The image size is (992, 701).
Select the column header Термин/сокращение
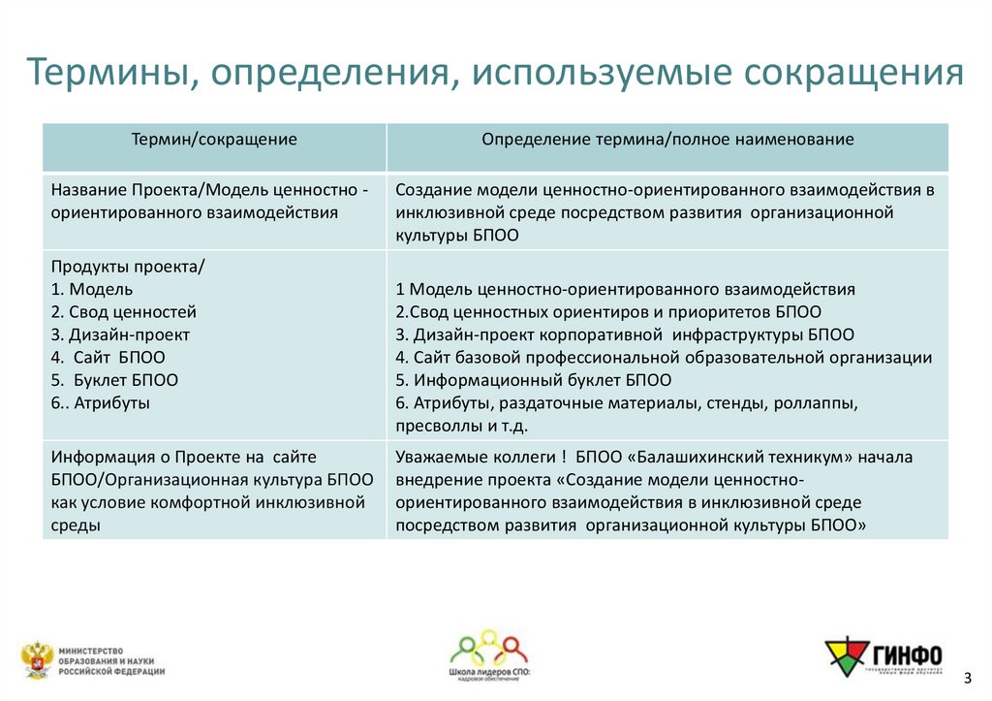pos(214,140)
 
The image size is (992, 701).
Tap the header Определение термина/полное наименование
pos(667,140)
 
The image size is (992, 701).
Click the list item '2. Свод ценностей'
pos(124,312)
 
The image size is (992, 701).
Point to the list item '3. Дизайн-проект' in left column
pos(121,335)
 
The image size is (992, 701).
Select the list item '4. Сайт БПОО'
pos(109,357)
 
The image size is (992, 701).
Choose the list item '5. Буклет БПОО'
pos(115,380)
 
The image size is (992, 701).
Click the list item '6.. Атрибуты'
pos(102,402)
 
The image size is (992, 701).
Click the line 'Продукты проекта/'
pos(129,267)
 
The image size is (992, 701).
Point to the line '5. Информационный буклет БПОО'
pos(534,380)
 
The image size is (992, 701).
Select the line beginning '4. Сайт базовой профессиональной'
pos(664,358)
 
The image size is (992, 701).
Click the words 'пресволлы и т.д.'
pos(461,426)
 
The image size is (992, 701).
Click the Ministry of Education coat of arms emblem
pos(37,659)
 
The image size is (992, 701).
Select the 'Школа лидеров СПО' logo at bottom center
pos(490,654)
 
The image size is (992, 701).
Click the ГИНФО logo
pos(882,656)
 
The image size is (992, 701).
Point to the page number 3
pos(968,675)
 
